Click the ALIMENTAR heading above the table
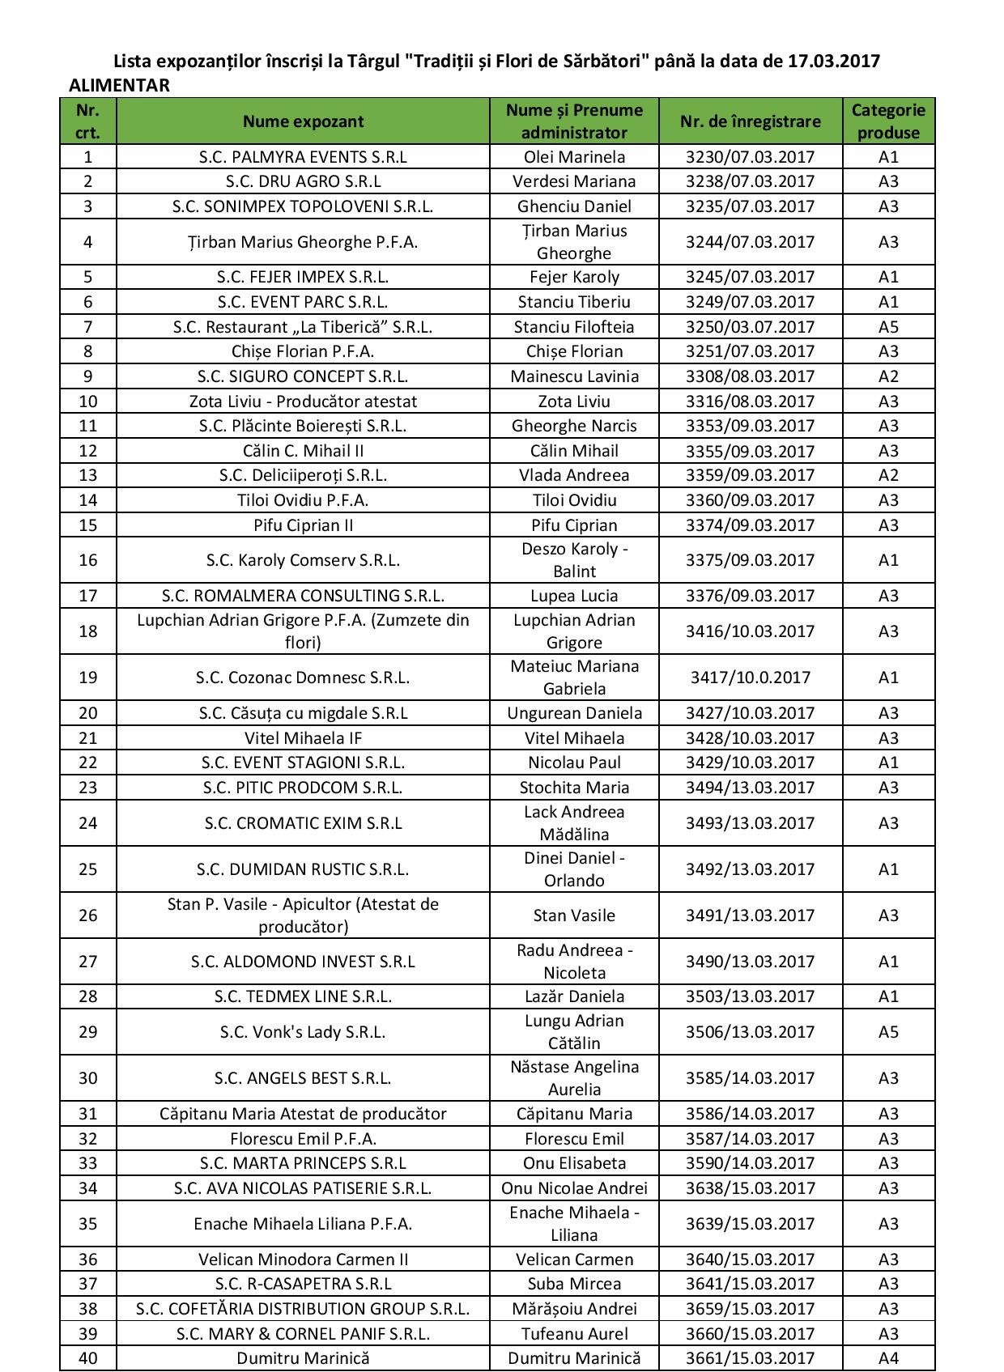(x=119, y=86)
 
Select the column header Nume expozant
(x=303, y=121)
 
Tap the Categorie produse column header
(x=888, y=121)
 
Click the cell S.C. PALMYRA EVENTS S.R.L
(x=303, y=157)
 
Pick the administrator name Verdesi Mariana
(x=574, y=181)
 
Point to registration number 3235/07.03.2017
(x=750, y=206)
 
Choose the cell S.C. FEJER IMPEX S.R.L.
(x=303, y=277)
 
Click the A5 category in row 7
(x=888, y=327)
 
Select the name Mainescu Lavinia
(x=574, y=376)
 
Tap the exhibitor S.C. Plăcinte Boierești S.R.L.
(x=303, y=426)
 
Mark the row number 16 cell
(x=88, y=560)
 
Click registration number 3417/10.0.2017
(x=750, y=678)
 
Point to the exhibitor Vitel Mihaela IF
(x=303, y=738)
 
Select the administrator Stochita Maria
(x=574, y=788)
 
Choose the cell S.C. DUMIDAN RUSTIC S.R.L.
(x=303, y=869)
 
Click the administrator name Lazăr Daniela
(x=574, y=996)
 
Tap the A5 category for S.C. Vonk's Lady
(x=888, y=1032)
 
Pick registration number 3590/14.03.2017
(x=750, y=1163)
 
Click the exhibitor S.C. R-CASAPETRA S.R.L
(x=303, y=1284)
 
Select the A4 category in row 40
(x=888, y=1358)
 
